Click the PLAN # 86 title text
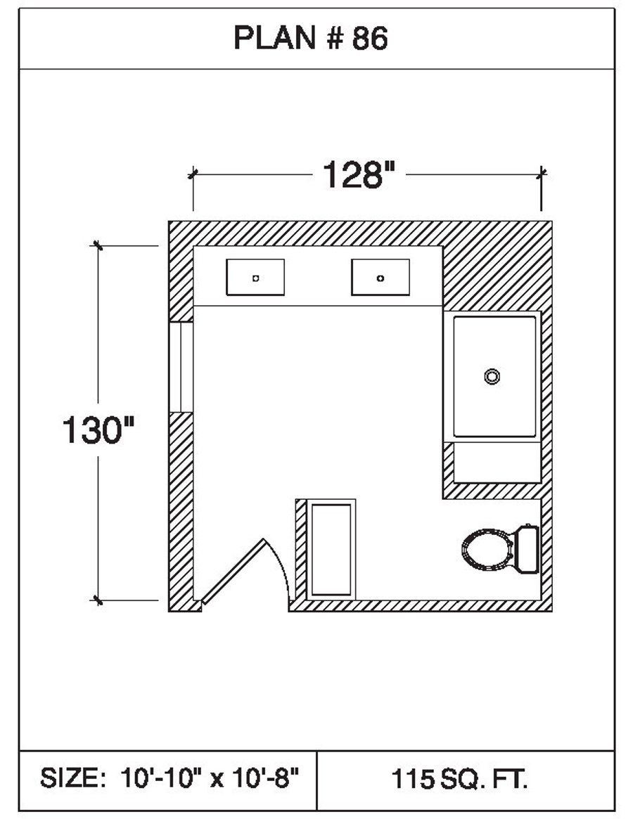point(310,39)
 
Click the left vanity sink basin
point(255,277)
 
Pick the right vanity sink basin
point(381,277)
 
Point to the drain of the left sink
point(255,278)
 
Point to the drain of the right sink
point(381,278)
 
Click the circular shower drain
point(492,376)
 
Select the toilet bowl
point(487,548)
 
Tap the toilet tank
point(527,548)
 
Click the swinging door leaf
point(232,570)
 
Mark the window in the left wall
point(181,366)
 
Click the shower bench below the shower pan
point(496,462)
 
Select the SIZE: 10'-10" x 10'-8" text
point(170,778)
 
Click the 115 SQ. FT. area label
point(460,779)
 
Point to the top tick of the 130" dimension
point(97,245)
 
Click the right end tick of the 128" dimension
point(541,173)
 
